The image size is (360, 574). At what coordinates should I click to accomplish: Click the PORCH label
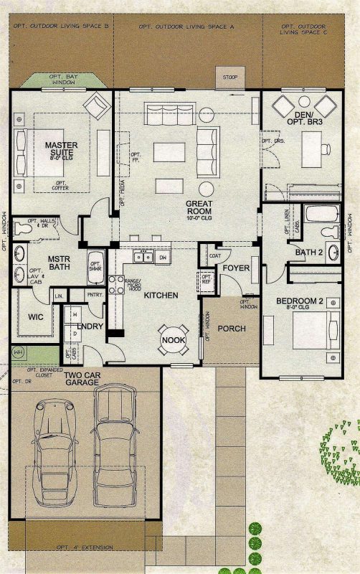(x=232, y=329)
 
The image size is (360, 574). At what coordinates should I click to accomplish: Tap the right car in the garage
(x=115, y=438)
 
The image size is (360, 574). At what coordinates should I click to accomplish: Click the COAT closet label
(x=214, y=254)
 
